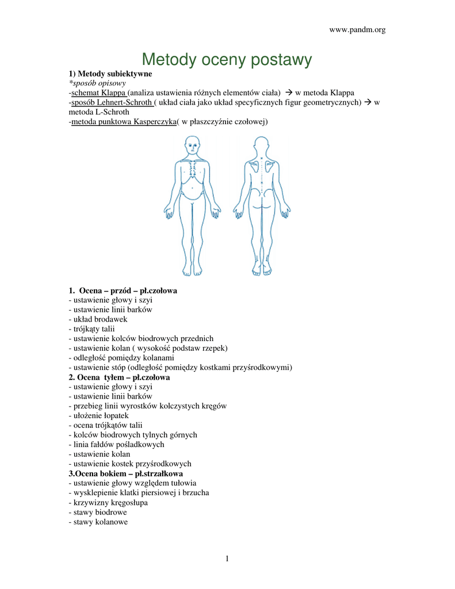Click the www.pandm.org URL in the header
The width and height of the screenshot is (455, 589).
click(357, 30)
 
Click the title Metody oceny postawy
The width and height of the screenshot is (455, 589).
click(227, 59)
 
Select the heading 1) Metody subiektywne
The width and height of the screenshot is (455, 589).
click(110, 74)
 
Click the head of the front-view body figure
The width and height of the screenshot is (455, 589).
click(193, 146)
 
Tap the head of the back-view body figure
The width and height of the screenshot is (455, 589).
click(262, 146)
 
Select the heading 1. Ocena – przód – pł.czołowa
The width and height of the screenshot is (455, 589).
click(123, 290)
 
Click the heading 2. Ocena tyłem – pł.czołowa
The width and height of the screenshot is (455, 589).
click(120, 377)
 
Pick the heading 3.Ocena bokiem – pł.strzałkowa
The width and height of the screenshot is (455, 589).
click(125, 473)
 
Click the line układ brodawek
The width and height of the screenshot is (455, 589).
click(98, 319)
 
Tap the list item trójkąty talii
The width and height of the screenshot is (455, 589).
click(92, 328)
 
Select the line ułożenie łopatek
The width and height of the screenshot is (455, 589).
click(98, 415)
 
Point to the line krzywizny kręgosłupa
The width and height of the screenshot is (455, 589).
click(108, 502)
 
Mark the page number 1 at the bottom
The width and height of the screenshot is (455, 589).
click(227, 559)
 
